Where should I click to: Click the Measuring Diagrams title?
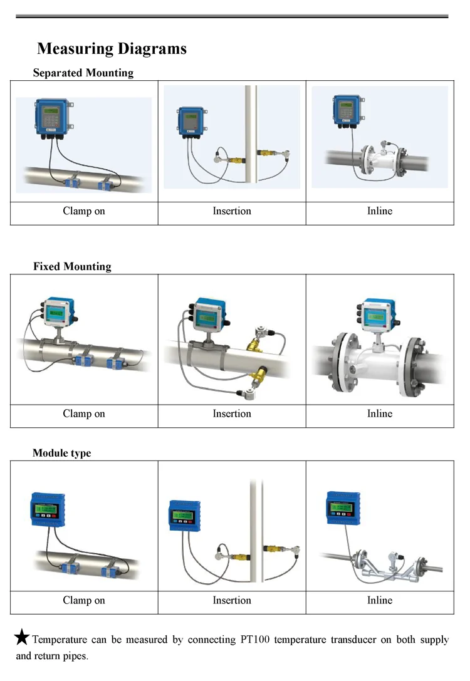[x=112, y=49]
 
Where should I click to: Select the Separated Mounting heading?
[x=83, y=73]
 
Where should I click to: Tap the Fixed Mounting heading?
[x=72, y=266]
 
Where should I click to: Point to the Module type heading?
[x=61, y=453]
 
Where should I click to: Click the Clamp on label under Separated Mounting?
[x=84, y=211]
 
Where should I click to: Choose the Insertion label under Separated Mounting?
[x=232, y=211]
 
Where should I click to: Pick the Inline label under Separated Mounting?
[x=380, y=211]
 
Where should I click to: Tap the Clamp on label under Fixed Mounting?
[x=84, y=413]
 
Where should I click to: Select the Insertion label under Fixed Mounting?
[x=232, y=413]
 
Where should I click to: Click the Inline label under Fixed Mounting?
[x=380, y=413]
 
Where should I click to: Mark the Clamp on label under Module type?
[x=84, y=600]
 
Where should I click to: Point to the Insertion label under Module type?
[x=232, y=600]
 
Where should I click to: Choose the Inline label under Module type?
[x=380, y=600]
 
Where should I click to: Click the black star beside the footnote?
[x=22, y=638]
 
